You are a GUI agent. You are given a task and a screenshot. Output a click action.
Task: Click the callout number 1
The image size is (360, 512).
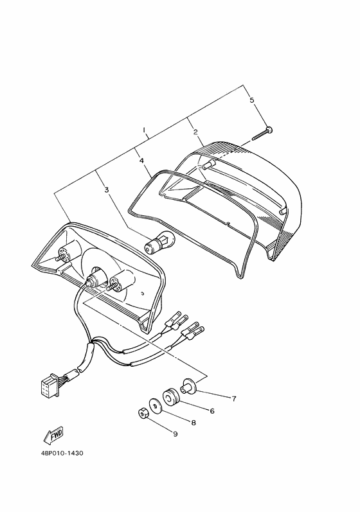144,130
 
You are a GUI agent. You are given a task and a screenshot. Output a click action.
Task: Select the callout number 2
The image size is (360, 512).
195,132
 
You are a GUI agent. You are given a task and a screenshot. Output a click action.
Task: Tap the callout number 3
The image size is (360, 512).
106,190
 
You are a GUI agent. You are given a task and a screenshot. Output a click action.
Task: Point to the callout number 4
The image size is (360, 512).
141,161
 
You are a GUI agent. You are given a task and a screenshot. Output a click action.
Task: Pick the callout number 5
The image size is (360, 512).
251,100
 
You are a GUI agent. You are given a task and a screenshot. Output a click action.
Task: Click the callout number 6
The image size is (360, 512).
212,410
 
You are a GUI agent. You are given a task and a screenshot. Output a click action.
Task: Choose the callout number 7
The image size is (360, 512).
234,398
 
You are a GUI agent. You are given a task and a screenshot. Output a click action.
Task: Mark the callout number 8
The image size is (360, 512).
194,423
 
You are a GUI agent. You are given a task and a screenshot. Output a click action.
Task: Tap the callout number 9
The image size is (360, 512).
175,434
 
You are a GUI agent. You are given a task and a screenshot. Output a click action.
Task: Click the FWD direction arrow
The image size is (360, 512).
53,436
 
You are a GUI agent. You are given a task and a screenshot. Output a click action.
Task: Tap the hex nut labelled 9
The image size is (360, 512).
143,413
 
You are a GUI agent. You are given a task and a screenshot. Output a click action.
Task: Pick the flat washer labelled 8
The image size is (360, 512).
156,406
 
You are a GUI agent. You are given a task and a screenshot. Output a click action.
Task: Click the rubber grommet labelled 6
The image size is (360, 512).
171,397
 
